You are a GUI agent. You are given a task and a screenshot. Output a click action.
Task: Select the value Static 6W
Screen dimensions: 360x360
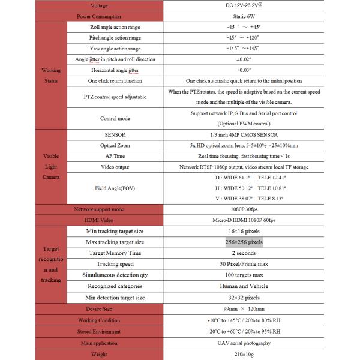244,16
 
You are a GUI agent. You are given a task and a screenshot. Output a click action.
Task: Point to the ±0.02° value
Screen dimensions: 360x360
244,59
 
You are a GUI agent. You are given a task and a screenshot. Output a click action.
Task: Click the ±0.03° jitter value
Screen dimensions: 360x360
244,70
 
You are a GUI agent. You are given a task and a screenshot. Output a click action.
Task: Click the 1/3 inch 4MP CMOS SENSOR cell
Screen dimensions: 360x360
244,134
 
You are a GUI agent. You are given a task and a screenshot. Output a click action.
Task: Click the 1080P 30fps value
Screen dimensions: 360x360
244,209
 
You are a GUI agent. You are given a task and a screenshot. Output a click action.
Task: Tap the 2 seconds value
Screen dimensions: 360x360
244,253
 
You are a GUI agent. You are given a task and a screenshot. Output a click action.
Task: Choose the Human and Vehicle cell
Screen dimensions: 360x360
244,286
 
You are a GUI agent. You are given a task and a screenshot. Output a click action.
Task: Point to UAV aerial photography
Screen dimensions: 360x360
244,343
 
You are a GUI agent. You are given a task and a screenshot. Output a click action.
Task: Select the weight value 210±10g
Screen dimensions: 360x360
244,354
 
